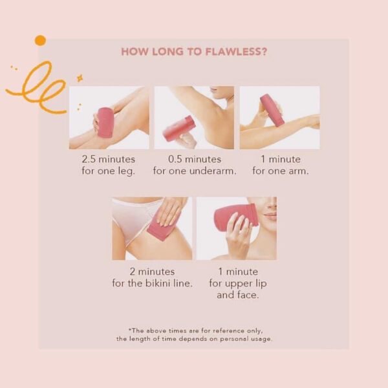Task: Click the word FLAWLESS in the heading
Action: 237,52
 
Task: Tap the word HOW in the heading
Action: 134,52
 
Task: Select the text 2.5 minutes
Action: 109,159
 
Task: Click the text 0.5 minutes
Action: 194,159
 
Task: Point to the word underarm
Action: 213,171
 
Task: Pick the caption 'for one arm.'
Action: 280,171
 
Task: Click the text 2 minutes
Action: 151,272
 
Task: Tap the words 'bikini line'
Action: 164,283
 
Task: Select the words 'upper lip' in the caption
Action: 247,283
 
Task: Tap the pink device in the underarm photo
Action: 179,128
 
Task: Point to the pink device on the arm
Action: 272,110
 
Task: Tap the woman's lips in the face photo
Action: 271,215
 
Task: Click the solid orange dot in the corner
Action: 40,41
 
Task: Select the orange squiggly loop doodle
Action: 39,87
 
